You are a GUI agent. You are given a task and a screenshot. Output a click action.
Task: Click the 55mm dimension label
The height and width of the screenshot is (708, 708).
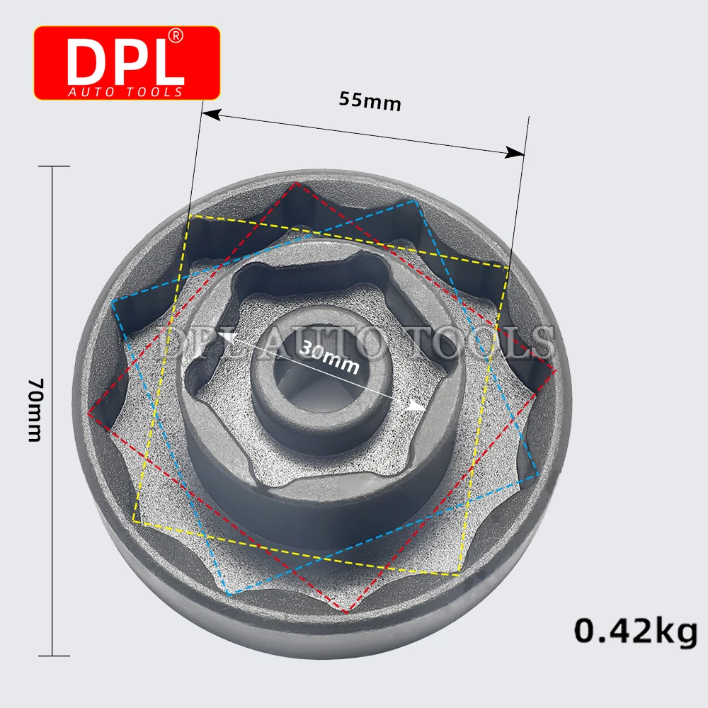click(x=370, y=101)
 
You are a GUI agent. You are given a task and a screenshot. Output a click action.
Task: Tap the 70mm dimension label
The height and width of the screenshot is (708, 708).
click(x=35, y=410)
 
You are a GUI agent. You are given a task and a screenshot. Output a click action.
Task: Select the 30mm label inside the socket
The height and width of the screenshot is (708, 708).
click(x=329, y=356)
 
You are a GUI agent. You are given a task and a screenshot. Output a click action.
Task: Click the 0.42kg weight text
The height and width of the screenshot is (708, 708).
click(x=636, y=632)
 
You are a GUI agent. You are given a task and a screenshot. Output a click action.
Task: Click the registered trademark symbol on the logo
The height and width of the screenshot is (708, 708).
click(x=175, y=35)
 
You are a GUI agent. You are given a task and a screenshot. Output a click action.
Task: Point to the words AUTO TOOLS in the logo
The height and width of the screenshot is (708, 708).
click(x=125, y=92)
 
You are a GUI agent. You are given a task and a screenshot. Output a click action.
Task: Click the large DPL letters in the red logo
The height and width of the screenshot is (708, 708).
click(x=125, y=62)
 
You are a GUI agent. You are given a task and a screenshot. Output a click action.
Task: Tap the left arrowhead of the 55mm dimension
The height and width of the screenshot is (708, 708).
click(x=210, y=115)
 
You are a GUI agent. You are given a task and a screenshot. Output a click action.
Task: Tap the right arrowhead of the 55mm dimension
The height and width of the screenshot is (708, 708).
click(x=515, y=153)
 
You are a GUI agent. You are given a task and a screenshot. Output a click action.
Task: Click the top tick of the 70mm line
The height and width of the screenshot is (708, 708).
click(x=54, y=166)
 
